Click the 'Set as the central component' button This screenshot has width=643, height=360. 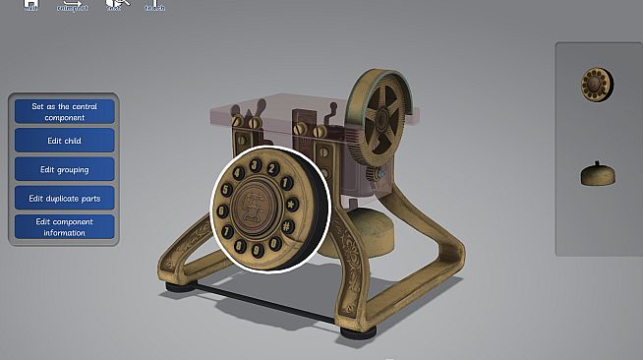(65, 111)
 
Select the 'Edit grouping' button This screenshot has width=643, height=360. (65, 169)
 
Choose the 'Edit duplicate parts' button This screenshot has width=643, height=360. (65, 199)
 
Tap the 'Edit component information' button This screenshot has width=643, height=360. (65, 227)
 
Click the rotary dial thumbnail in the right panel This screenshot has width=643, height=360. (596, 85)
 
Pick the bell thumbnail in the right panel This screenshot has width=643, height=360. (596, 174)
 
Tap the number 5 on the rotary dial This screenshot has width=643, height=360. (225, 187)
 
